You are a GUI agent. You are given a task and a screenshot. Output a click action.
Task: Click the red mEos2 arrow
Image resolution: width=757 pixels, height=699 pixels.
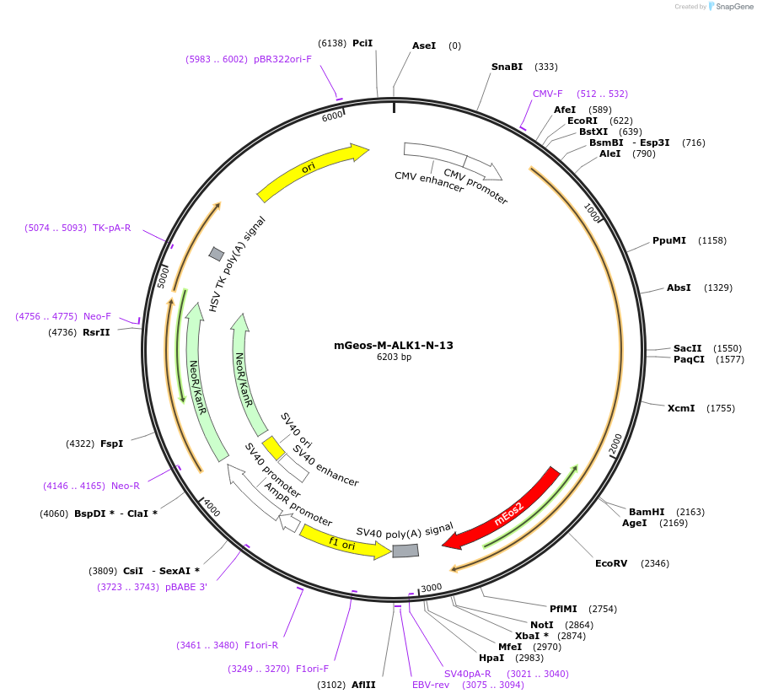click(x=506, y=510)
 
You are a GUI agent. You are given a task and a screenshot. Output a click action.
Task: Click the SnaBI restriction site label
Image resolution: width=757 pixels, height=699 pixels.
click(x=507, y=67)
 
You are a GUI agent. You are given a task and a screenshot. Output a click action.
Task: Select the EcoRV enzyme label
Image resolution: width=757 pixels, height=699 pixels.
click(x=611, y=563)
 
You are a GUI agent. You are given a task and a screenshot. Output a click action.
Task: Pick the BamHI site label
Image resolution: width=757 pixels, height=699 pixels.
click(x=647, y=512)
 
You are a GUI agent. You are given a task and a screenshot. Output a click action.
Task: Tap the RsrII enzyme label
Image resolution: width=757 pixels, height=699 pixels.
click(x=96, y=332)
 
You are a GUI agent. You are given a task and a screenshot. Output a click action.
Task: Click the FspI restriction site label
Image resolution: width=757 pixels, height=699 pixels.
click(x=111, y=444)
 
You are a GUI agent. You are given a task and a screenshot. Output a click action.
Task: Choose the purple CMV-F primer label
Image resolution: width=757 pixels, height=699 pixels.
click(x=547, y=94)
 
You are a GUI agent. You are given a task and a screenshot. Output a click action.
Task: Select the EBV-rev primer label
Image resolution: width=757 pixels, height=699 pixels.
click(x=431, y=685)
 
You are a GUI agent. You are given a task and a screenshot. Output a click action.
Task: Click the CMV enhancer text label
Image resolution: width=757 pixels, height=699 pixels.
click(x=429, y=181)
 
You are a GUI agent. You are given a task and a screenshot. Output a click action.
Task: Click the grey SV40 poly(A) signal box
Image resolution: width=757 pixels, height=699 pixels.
click(x=405, y=551)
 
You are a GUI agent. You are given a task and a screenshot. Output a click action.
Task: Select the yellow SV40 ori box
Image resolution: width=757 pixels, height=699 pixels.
click(x=273, y=447)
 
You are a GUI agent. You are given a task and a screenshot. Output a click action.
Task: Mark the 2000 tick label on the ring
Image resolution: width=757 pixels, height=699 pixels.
click(x=615, y=444)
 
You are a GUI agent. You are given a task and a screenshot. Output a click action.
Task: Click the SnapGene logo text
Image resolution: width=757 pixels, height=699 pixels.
click(x=732, y=7)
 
